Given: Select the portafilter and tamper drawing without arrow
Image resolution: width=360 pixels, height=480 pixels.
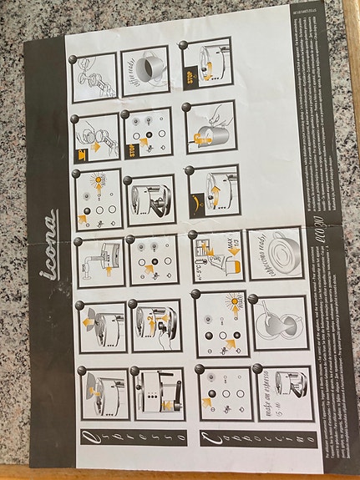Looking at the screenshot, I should tap(94, 78).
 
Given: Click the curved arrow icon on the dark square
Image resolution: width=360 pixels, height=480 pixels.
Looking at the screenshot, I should tap(195, 201).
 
